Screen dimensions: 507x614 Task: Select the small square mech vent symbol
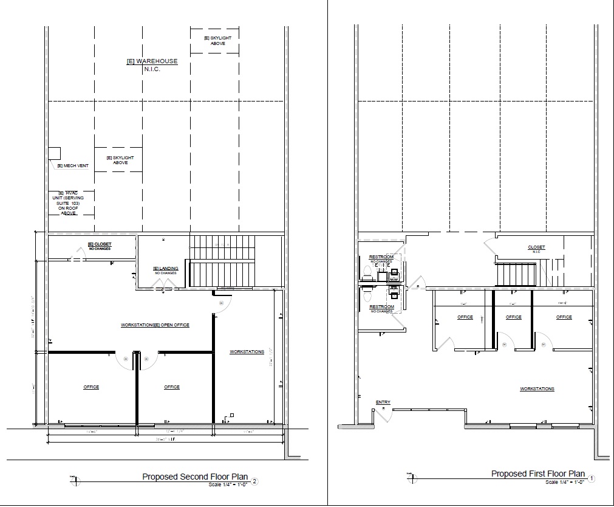(55, 152)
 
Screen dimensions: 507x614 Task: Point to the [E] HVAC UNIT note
(69, 203)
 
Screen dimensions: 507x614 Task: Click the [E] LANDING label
(164, 270)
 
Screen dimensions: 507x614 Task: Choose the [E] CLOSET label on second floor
(100, 245)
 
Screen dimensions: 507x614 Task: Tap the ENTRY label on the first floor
(383, 402)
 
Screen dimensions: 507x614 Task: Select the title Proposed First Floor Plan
(538, 474)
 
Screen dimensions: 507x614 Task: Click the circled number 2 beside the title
(255, 482)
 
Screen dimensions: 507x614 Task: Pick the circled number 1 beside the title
(592, 478)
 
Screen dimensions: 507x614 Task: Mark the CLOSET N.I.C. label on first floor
(536, 248)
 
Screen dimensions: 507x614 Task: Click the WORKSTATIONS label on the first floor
(537, 389)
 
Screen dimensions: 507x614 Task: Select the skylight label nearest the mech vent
(120, 160)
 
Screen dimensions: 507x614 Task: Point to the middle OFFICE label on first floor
(513, 317)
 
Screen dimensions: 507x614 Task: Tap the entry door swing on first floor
(383, 413)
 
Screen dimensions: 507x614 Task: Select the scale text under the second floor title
(225, 484)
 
